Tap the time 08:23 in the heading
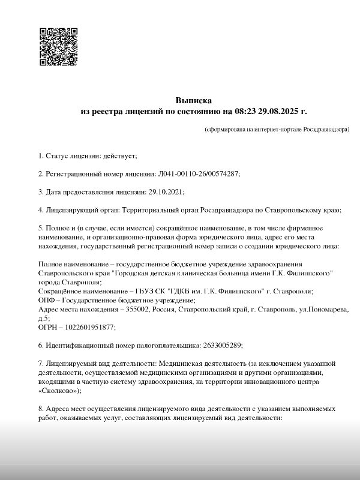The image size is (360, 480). (x=248, y=111)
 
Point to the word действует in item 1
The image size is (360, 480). (x=122, y=156)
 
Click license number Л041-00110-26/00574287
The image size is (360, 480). (x=199, y=174)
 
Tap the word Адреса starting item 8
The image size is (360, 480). (x=58, y=408)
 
